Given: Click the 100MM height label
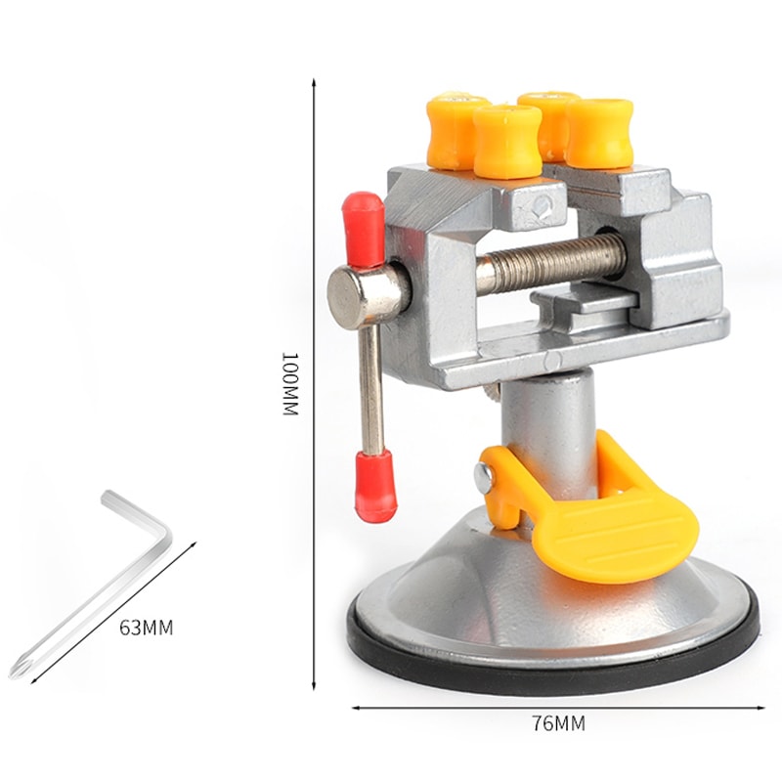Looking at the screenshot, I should point(288,383).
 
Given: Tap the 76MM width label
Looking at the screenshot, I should point(558,723).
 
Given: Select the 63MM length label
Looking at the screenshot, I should point(146,628).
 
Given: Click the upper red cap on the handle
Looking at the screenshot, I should point(364,228).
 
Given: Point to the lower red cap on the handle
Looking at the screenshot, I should point(375,485).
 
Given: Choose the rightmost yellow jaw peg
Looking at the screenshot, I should point(598,132).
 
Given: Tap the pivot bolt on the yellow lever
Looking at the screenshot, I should point(483,476).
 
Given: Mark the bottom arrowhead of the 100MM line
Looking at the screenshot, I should point(314,688).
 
